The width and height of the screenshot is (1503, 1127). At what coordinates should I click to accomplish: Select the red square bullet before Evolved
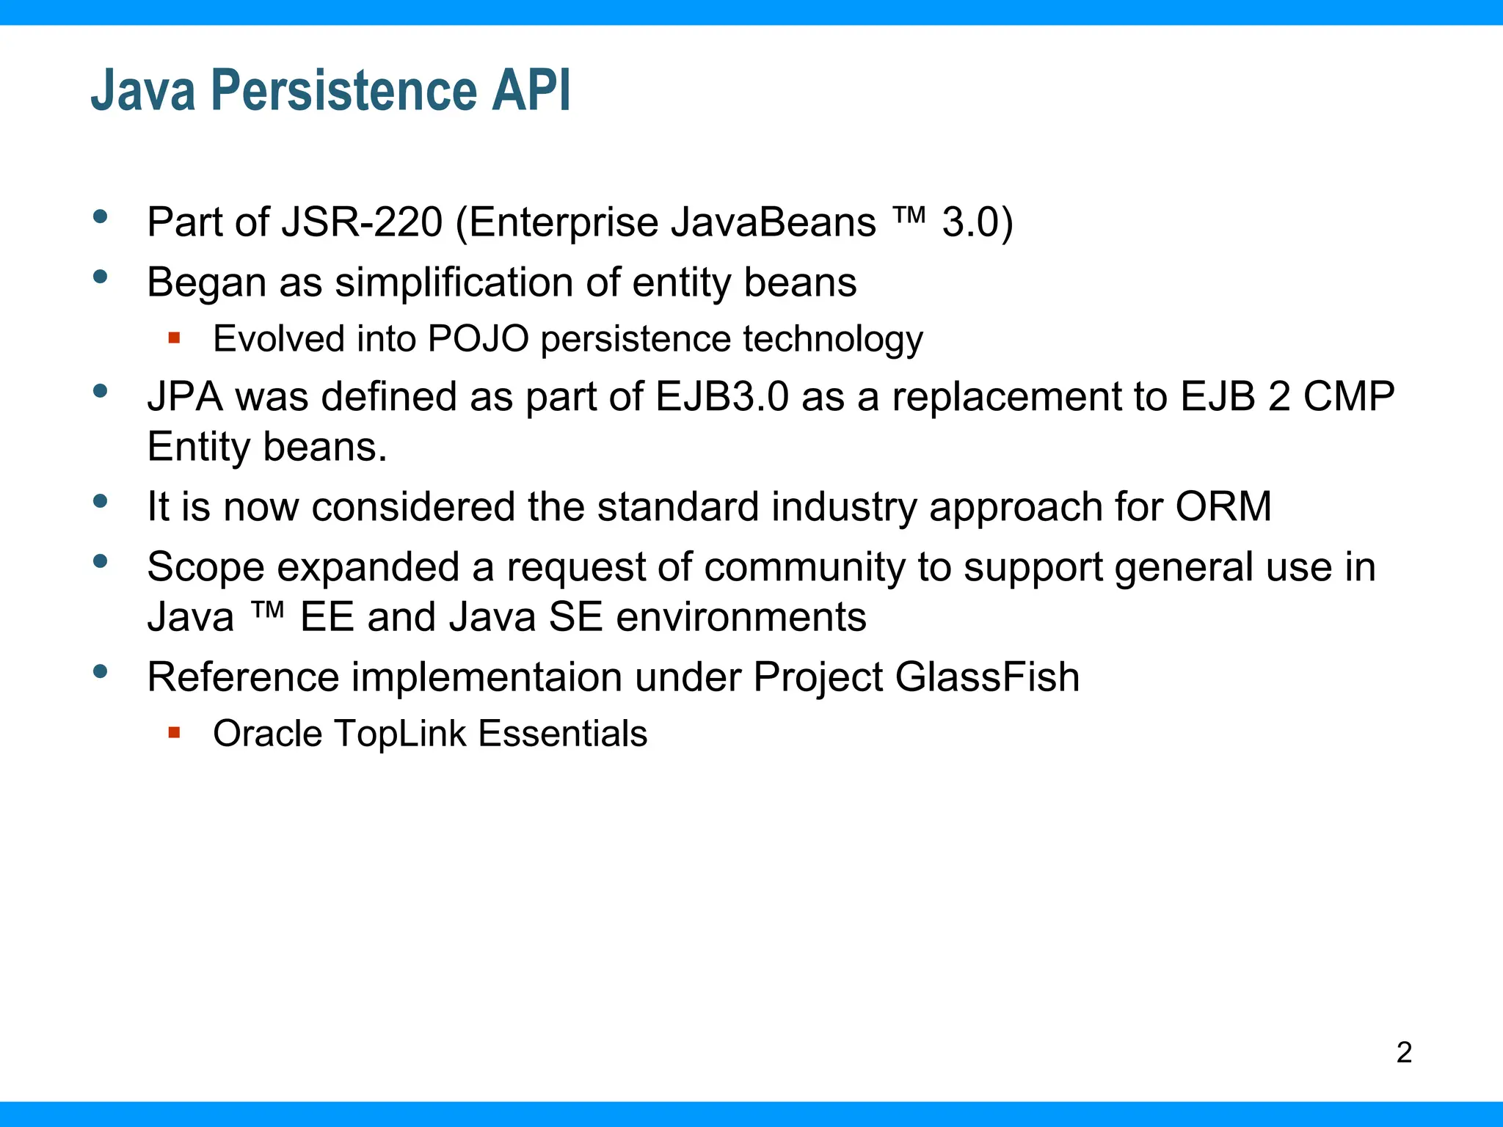(x=174, y=338)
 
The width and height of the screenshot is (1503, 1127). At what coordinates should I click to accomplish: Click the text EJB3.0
(x=721, y=397)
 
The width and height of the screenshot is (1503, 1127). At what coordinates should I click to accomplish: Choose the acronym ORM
(x=1223, y=507)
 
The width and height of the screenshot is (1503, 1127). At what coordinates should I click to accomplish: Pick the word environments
(x=741, y=617)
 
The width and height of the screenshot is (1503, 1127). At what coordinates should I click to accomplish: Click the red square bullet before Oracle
(x=174, y=732)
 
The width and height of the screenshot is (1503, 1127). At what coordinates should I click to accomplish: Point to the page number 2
(x=1404, y=1053)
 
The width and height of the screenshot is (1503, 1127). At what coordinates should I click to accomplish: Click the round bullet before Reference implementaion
(x=101, y=671)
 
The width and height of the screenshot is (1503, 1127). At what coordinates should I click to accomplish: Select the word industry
(x=844, y=507)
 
